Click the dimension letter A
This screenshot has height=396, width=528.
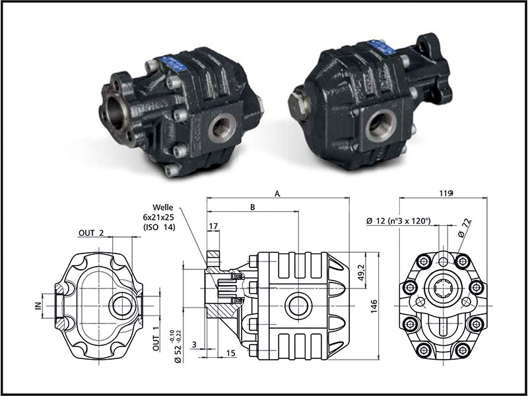coord(278,193)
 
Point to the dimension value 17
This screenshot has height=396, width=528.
coord(213,226)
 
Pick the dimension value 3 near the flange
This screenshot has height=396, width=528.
coord(193,345)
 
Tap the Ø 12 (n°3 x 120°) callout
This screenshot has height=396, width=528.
coord(397,220)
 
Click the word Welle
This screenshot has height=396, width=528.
coord(162,206)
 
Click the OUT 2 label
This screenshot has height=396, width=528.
coord(91,232)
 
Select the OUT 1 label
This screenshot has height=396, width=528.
coord(157,339)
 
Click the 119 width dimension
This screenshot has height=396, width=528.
coord(444,193)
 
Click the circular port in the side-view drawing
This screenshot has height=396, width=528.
coord(298,306)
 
